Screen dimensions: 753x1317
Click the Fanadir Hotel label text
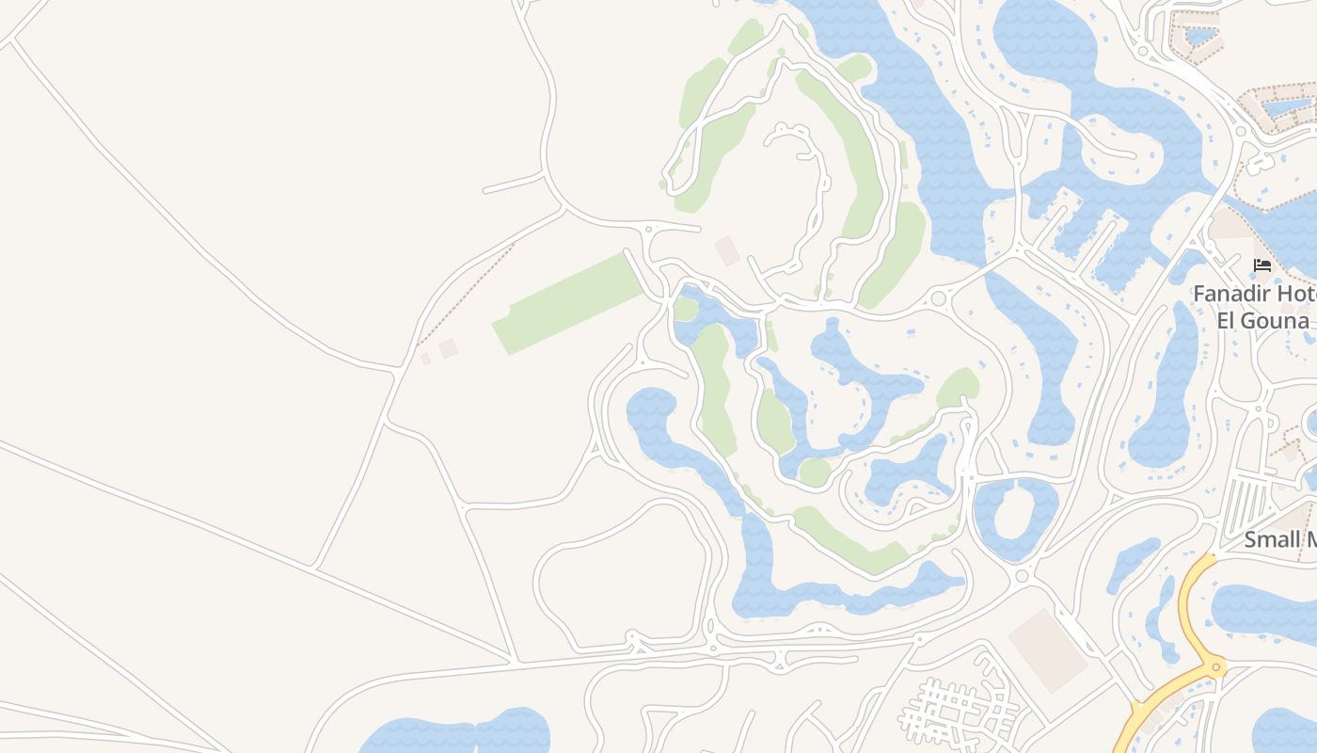pyautogui.click(x=1254, y=294)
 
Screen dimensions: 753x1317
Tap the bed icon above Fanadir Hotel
pyautogui.click(x=1262, y=265)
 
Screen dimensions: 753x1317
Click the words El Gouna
pyautogui.click(x=1262, y=320)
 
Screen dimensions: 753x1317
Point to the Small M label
pyautogui.click(x=1279, y=540)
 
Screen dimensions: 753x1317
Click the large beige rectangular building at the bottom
pyautogui.click(x=1047, y=649)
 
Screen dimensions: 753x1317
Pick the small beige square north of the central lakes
pyautogui.click(x=727, y=250)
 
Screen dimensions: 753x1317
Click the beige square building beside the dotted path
pyautogui.click(x=448, y=348)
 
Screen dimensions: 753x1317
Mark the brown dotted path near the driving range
pyautogui.click(x=466, y=292)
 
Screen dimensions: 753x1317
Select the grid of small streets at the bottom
pyautogui.click(x=960, y=711)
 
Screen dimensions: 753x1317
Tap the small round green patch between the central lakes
pyautogui.click(x=814, y=473)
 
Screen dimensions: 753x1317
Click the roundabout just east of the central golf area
pyautogui.click(x=937, y=299)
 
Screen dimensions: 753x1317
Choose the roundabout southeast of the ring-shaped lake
pyautogui.click(x=1022, y=575)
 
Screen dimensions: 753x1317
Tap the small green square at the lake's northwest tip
pyautogui.click(x=686, y=310)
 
